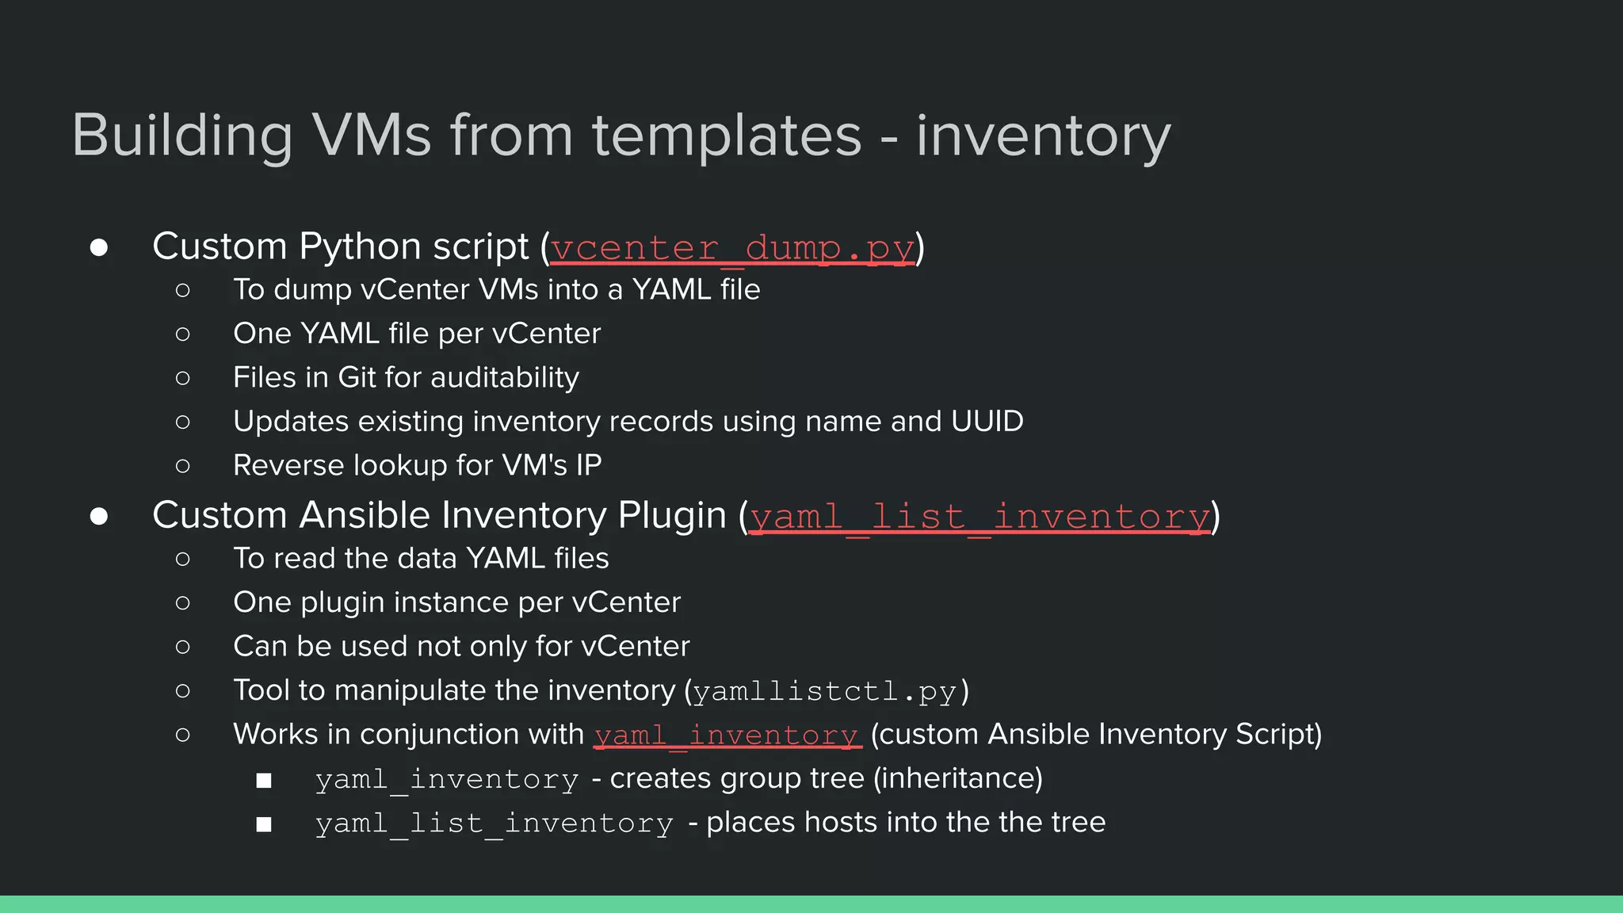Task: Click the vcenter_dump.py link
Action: click(x=732, y=248)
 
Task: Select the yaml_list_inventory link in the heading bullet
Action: click(x=980, y=517)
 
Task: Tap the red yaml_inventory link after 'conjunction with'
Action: click(x=727, y=735)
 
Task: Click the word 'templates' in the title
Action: click(x=727, y=135)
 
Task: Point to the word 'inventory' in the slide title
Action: click(x=1043, y=135)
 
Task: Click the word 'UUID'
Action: click(x=987, y=422)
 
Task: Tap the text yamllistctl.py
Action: click(x=825, y=691)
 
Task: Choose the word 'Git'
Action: click(x=356, y=377)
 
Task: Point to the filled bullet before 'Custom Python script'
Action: click(x=99, y=247)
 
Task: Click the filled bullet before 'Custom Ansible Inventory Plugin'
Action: click(x=99, y=517)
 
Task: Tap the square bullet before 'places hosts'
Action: click(x=264, y=824)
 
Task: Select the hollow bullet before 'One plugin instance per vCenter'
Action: click(x=183, y=603)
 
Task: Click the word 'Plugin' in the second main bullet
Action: click(x=672, y=515)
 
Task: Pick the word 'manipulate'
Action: click(x=410, y=690)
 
